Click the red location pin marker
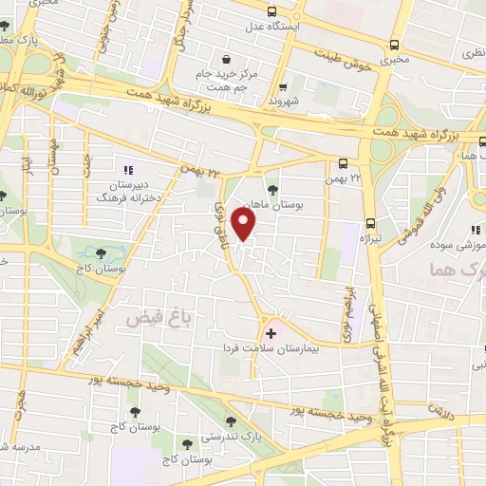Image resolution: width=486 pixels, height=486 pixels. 244,224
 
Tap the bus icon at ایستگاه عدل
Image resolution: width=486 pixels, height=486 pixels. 272,12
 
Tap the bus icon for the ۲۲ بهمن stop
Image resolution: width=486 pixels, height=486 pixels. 343,163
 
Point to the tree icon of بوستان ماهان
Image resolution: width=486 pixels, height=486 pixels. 273,188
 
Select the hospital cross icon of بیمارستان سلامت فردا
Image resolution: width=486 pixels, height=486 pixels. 271,333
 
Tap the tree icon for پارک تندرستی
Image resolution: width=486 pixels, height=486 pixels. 230,421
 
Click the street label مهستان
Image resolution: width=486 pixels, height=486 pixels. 54,157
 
